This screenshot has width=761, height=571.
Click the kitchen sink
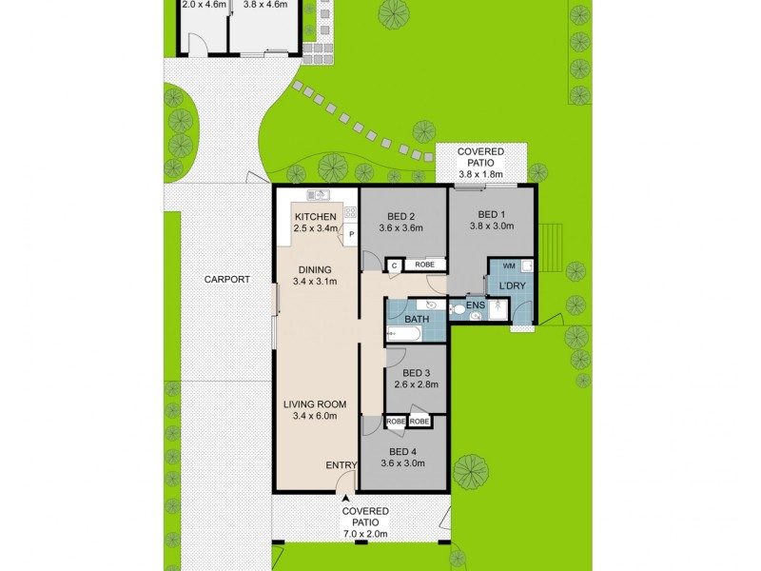319,196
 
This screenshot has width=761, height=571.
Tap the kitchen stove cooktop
350,213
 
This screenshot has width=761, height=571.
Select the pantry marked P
351,234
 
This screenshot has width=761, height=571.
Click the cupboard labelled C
394,266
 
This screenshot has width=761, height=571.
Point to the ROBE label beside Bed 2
425,266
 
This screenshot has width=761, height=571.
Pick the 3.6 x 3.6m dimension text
400,227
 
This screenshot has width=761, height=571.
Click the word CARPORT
226,280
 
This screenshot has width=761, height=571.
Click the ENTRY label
341,464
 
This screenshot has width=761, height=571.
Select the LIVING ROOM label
315,404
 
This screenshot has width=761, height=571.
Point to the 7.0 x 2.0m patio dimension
365,536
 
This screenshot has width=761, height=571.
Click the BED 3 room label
417,372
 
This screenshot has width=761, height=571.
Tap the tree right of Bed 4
472,469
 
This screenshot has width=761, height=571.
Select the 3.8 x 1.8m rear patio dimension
480,175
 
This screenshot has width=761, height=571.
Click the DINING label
315,268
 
